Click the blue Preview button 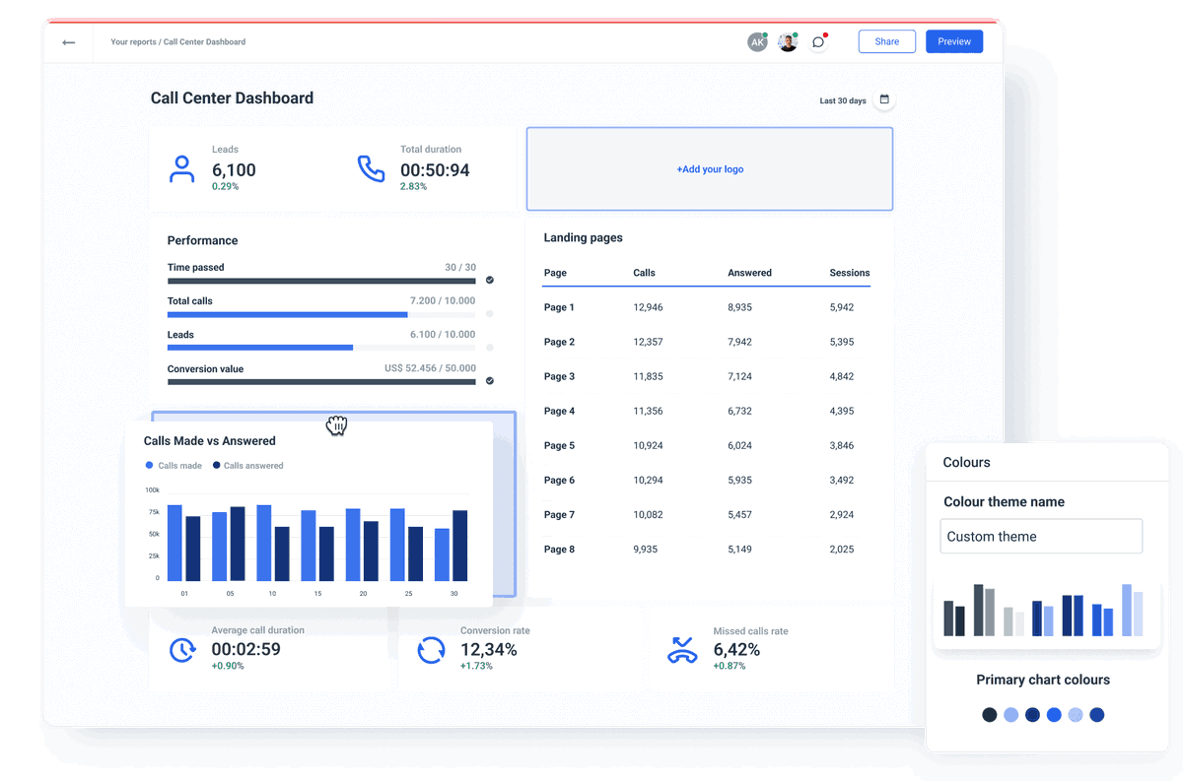(953, 41)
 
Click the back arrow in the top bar (68, 42)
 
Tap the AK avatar (756, 42)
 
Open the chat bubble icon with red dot (818, 42)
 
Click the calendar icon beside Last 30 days (884, 99)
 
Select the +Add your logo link (710, 169)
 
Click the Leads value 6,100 (234, 170)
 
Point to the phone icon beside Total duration (371, 168)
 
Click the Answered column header (749, 273)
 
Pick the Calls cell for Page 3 (648, 376)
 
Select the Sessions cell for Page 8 (841, 549)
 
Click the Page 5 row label (559, 445)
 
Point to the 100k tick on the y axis (153, 489)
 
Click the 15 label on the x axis (318, 594)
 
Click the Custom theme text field (1040, 537)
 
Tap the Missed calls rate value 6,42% (736, 650)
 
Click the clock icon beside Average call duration (182, 650)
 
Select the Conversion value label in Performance (205, 369)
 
